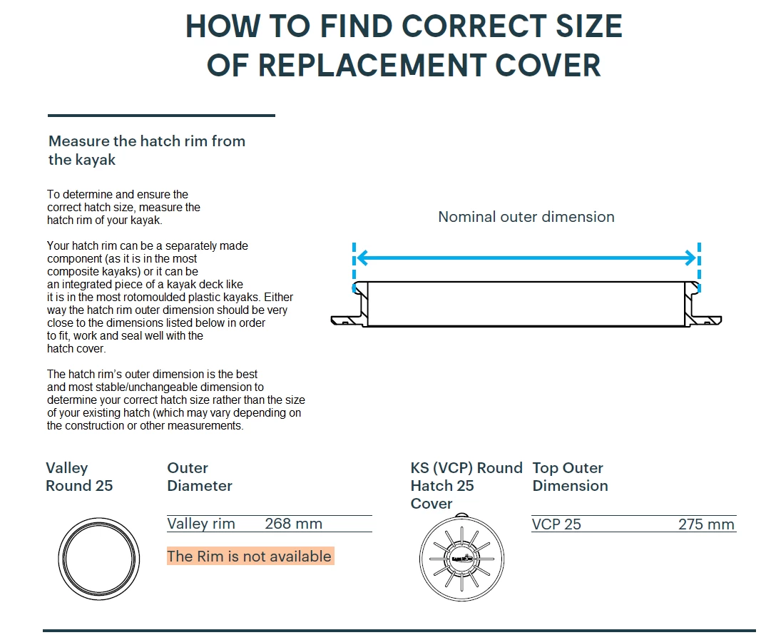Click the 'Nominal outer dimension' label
[526, 217]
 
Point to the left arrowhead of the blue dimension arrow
[362, 258]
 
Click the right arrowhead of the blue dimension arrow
[690, 258]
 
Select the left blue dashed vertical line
[354, 267]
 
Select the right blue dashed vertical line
[699, 267]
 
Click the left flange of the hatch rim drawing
[347, 320]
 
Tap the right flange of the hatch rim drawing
[705, 320]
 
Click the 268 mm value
[294, 524]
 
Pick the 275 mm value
[706, 524]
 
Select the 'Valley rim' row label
[201, 524]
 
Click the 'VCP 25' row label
[556, 524]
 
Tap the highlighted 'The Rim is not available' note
[250, 556]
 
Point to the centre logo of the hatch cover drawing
[462, 559]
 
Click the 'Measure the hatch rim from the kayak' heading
[147, 150]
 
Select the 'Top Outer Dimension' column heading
[570, 477]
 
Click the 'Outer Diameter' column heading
[200, 477]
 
